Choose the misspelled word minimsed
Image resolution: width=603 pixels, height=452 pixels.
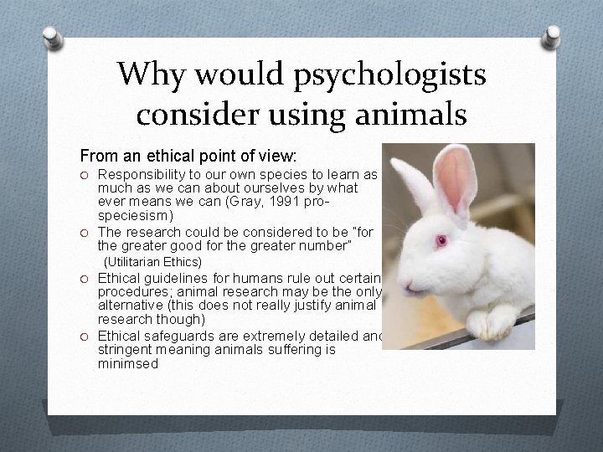coord(128,364)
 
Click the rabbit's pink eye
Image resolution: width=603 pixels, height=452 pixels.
coord(438,241)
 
